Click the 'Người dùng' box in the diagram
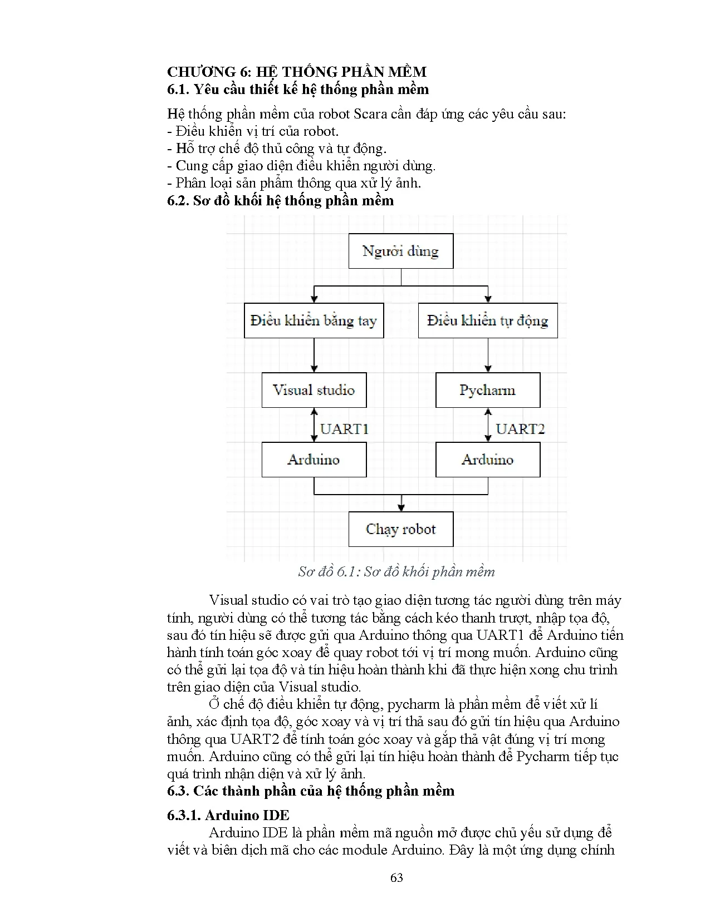tap(400, 251)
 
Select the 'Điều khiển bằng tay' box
tap(314, 320)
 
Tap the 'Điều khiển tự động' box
tap(487, 320)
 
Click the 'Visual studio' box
tap(314, 390)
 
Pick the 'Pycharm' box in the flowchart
tap(487, 390)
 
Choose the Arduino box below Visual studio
tap(314, 460)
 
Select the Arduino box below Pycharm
tap(487, 460)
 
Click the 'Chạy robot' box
tap(400, 529)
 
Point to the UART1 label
tap(344, 428)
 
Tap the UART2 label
tap(520, 428)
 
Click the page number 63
tap(396, 877)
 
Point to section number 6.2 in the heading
tap(178, 201)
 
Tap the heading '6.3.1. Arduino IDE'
tap(228, 815)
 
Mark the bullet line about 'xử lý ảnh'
tap(294, 183)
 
